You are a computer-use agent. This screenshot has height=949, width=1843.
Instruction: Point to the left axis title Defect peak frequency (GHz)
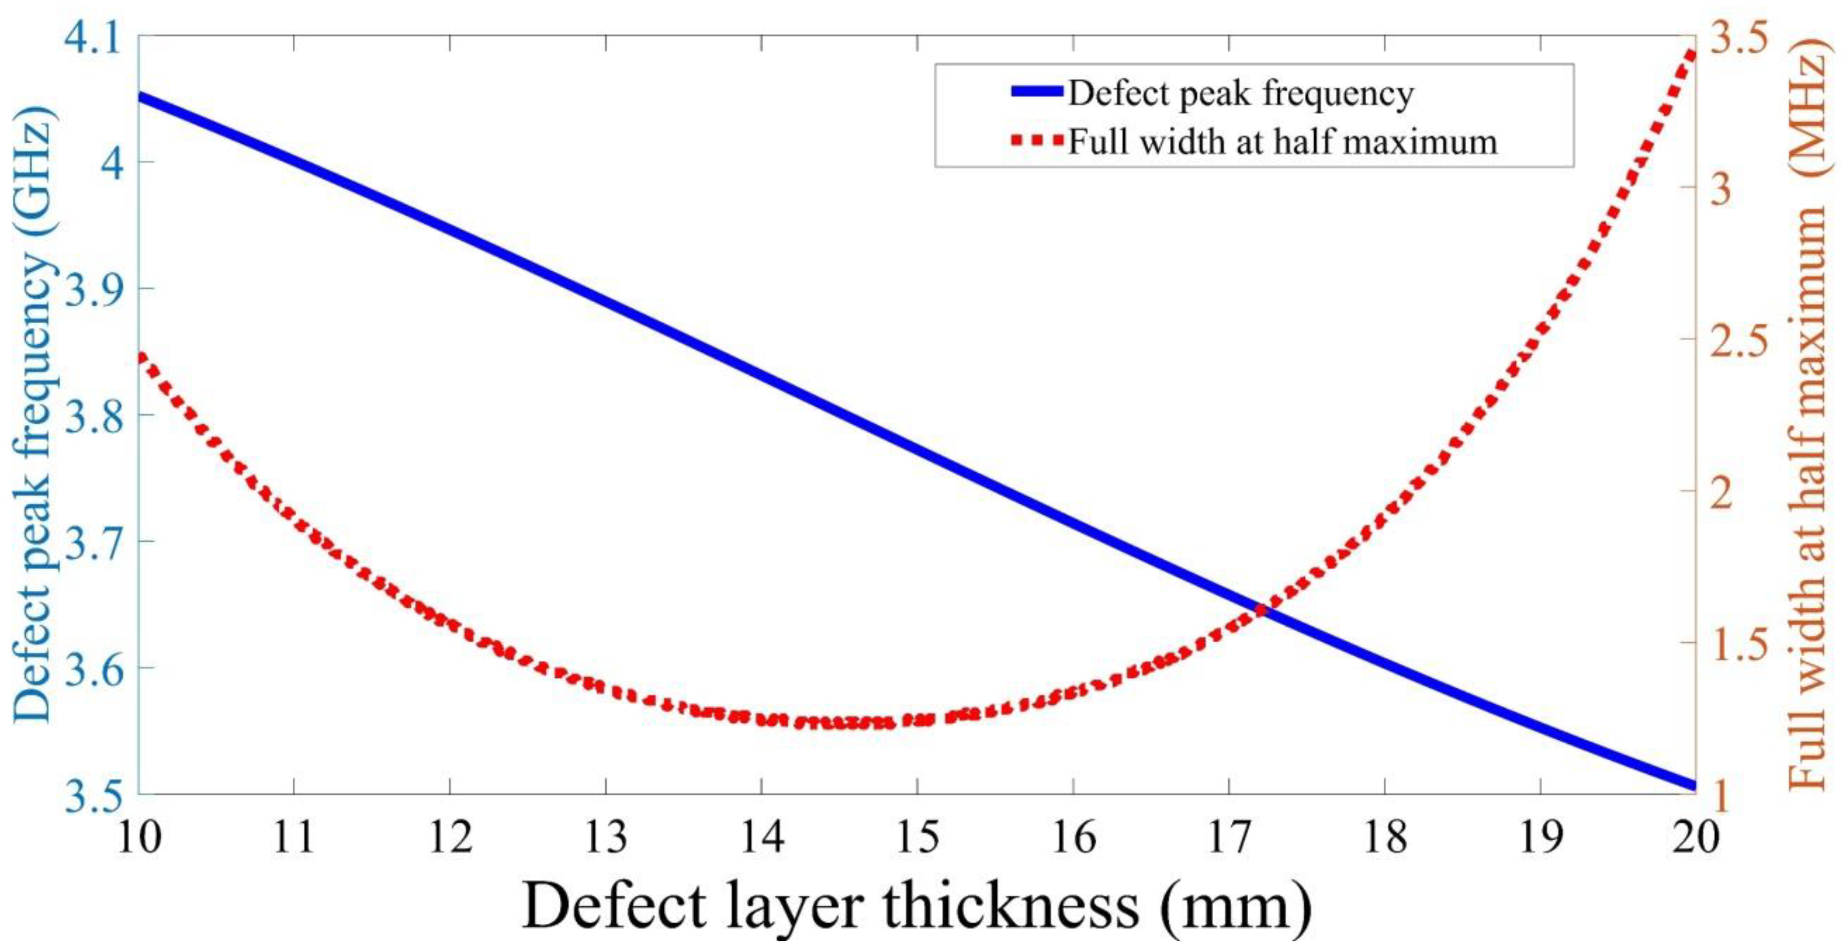tap(32, 415)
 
